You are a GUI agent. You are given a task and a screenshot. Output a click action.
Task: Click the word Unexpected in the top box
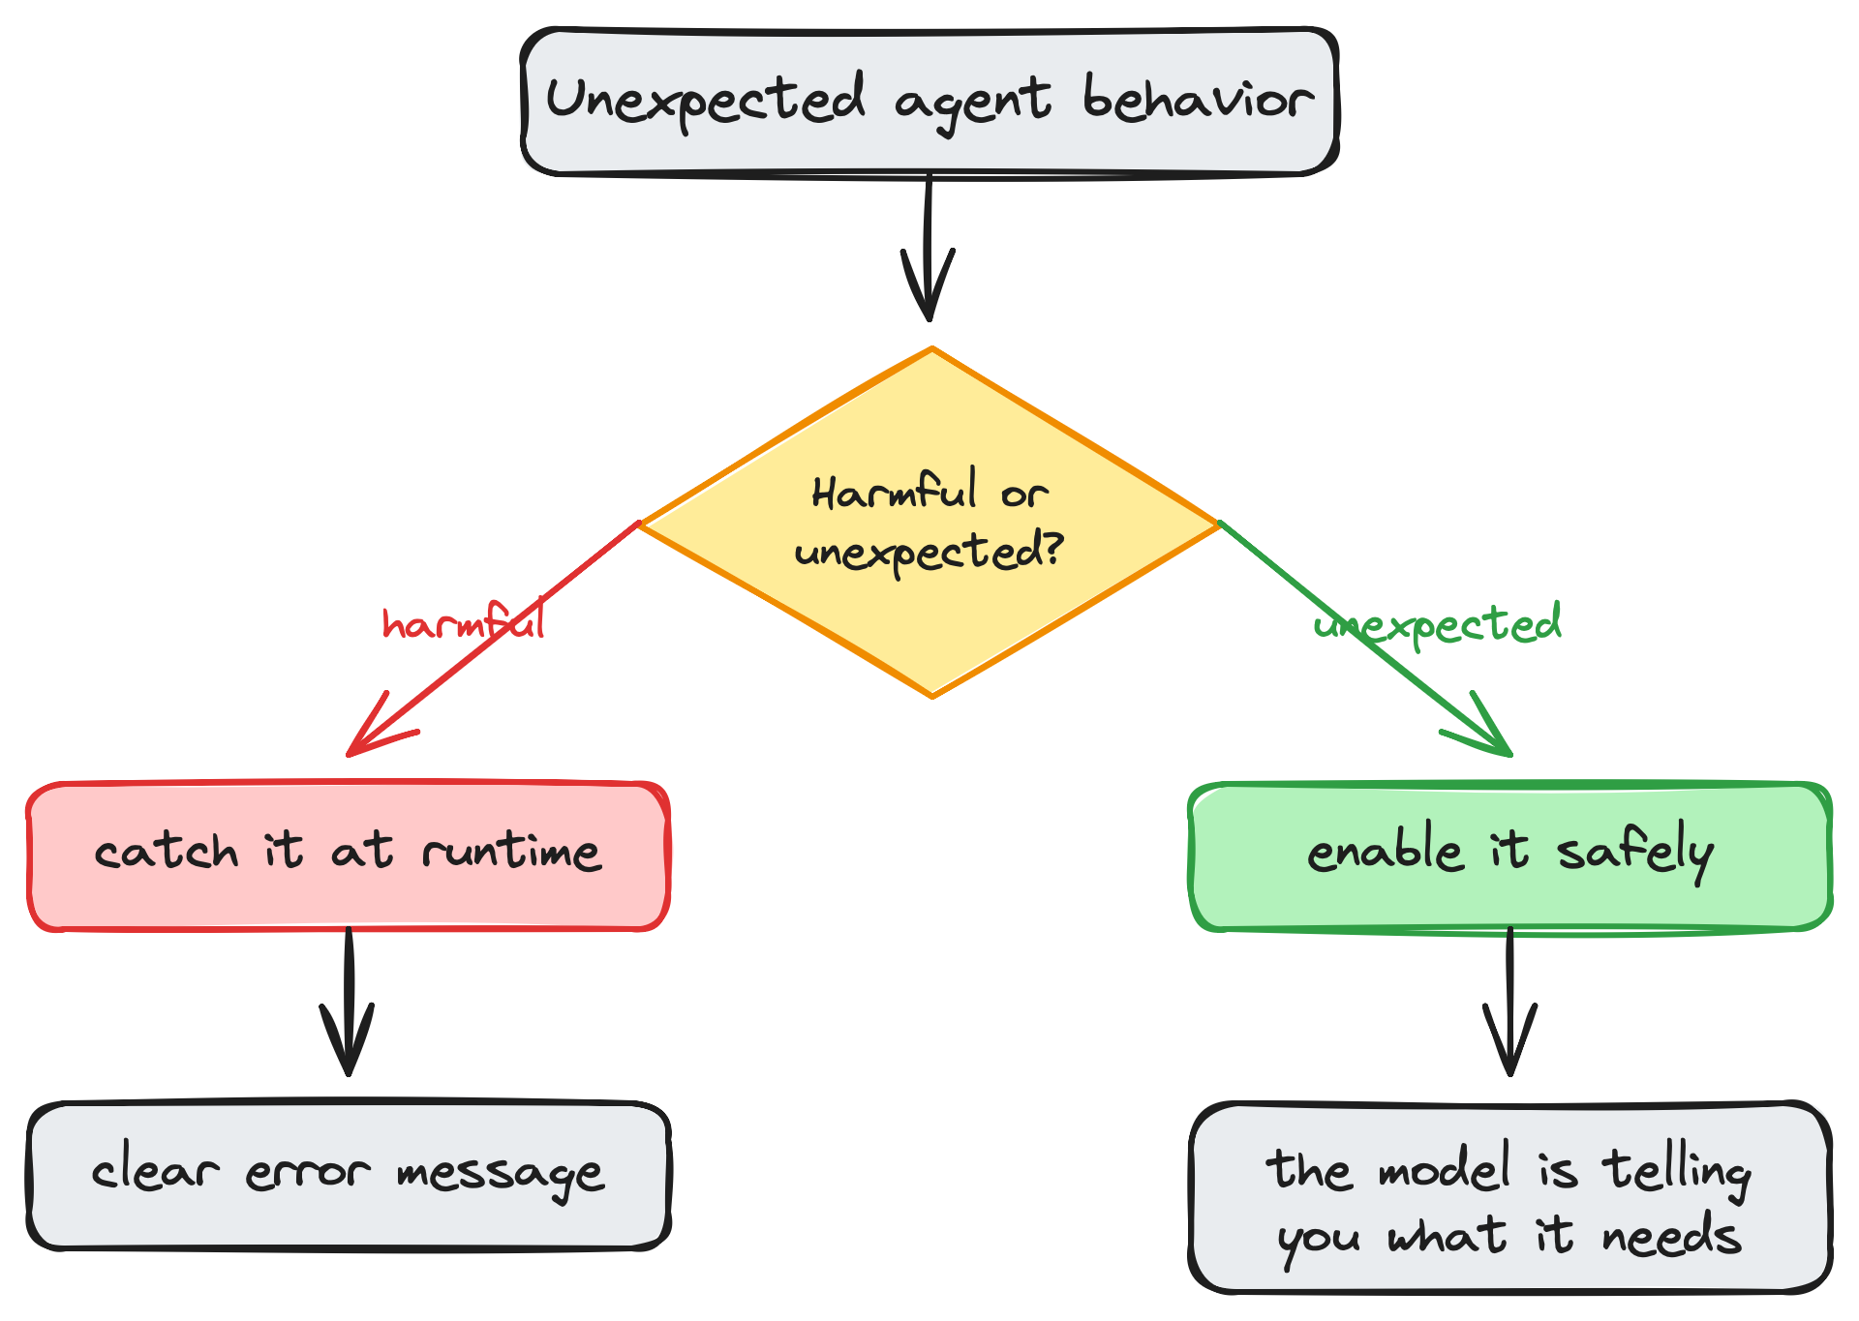705,100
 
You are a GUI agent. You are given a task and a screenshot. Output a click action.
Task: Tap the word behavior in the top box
1198,99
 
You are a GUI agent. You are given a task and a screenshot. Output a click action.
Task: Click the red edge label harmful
463,623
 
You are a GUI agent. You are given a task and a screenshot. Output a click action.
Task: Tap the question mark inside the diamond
1052,548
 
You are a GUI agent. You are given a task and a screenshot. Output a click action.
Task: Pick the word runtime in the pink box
511,852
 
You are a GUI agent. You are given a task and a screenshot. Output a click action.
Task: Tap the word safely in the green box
1634,852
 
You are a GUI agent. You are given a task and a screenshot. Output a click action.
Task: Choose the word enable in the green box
1385,852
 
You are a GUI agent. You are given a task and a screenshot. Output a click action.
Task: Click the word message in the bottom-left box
500,1174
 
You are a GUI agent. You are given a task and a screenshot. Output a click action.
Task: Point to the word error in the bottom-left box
307,1174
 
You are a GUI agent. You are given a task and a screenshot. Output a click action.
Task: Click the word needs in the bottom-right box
1671,1237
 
